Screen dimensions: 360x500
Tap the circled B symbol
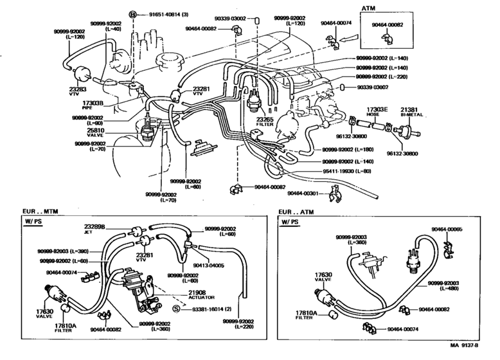(x=133, y=14)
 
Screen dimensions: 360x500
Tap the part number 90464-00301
(x=304, y=194)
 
